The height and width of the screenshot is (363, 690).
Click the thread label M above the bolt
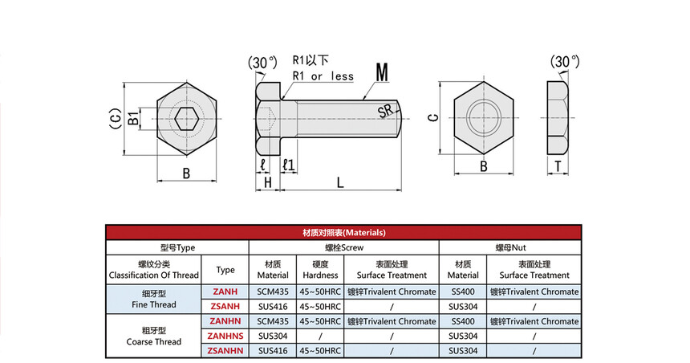(382, 73)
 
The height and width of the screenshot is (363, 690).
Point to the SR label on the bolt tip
(385, 111)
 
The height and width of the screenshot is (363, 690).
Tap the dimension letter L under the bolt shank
(340, 182)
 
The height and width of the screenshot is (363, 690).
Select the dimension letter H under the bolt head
(267, 182)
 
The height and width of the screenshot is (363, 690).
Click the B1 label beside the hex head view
(133, 118)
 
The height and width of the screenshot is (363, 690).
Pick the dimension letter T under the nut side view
(558, 166)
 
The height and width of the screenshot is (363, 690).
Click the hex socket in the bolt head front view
(186, 118)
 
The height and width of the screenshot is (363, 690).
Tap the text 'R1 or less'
(323, 76)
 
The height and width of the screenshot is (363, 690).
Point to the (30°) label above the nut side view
(565, 62)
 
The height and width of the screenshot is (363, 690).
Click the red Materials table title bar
(343, 232)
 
